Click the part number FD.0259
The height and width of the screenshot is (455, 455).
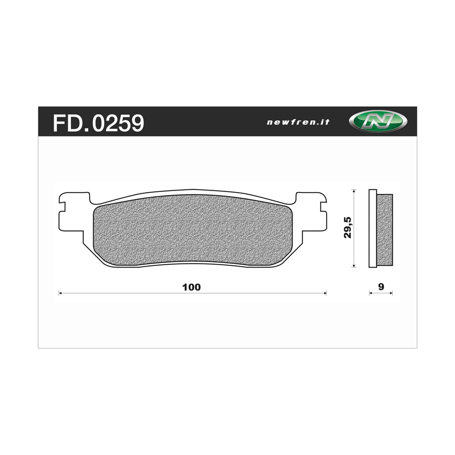(98, 122)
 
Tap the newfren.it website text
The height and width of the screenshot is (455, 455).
(298, 122)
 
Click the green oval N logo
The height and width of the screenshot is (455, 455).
(378, 121)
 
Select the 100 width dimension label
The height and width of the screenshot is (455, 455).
(191, 287)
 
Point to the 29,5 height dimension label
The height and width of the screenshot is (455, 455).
(347, 227)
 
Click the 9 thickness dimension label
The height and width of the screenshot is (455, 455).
(381, 286)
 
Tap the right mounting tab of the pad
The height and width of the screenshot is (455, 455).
(311, 212)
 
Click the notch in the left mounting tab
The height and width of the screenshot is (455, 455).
(62, 207)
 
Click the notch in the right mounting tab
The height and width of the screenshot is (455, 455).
(324, 207)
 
